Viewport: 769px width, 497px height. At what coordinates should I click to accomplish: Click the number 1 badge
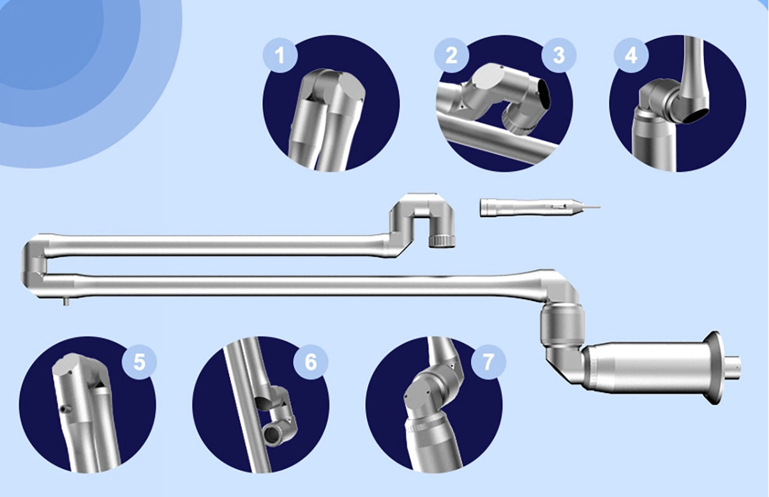click(280, 55)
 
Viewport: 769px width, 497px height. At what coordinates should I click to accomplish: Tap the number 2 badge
click(451, 55)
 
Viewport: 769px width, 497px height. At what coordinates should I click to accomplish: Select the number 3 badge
click(559, 55)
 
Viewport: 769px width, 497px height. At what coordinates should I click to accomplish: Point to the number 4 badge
click(631, 55)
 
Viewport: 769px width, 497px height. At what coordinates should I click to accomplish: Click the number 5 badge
click(139, 362)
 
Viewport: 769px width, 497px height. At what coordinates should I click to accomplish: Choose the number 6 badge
click(311, 362)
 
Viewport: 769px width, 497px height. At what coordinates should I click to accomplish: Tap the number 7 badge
click(488, 362)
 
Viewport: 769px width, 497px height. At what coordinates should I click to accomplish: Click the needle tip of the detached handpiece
click(600, 207)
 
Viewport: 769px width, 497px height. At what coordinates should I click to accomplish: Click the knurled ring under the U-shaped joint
click(442, 241)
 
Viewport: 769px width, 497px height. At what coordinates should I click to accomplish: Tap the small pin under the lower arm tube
click(66, 301)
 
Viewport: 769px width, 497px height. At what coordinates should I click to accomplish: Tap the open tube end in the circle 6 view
click(273, 435)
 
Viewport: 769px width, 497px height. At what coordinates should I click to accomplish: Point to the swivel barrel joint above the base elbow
click(562, 325)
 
